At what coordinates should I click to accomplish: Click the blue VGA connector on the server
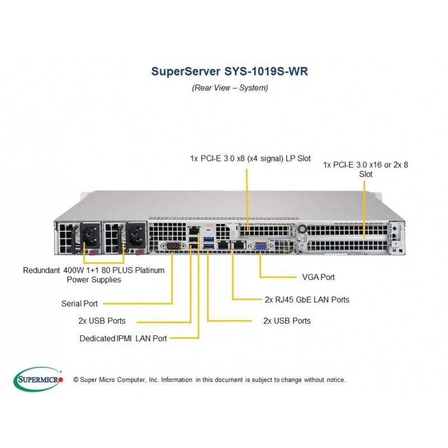click(259, 246)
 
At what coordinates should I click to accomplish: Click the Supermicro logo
click(38, 380)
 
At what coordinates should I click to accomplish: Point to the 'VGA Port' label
click(318, 277)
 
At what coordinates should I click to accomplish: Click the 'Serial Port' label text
click(80, 304)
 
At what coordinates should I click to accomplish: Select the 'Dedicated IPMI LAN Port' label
click(123, 339)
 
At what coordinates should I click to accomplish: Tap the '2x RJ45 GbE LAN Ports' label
click(307, 300)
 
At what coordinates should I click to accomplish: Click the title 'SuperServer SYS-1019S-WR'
click(230, 71)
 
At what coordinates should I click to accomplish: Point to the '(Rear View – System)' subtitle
click(230, 88)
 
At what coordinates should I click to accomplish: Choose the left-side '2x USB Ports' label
click(102, 321)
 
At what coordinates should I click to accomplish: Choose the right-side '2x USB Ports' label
click(287, 321)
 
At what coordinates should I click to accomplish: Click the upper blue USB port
click(209, 239)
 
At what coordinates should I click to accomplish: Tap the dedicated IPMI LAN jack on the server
click(194, 230)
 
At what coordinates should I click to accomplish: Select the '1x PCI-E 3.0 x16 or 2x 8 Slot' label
click(366, 170)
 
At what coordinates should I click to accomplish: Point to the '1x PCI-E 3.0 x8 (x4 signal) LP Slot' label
click(250, 158)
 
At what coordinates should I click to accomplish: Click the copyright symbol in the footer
click(76, 380)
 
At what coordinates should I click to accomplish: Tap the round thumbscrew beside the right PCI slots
click(302, 229)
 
